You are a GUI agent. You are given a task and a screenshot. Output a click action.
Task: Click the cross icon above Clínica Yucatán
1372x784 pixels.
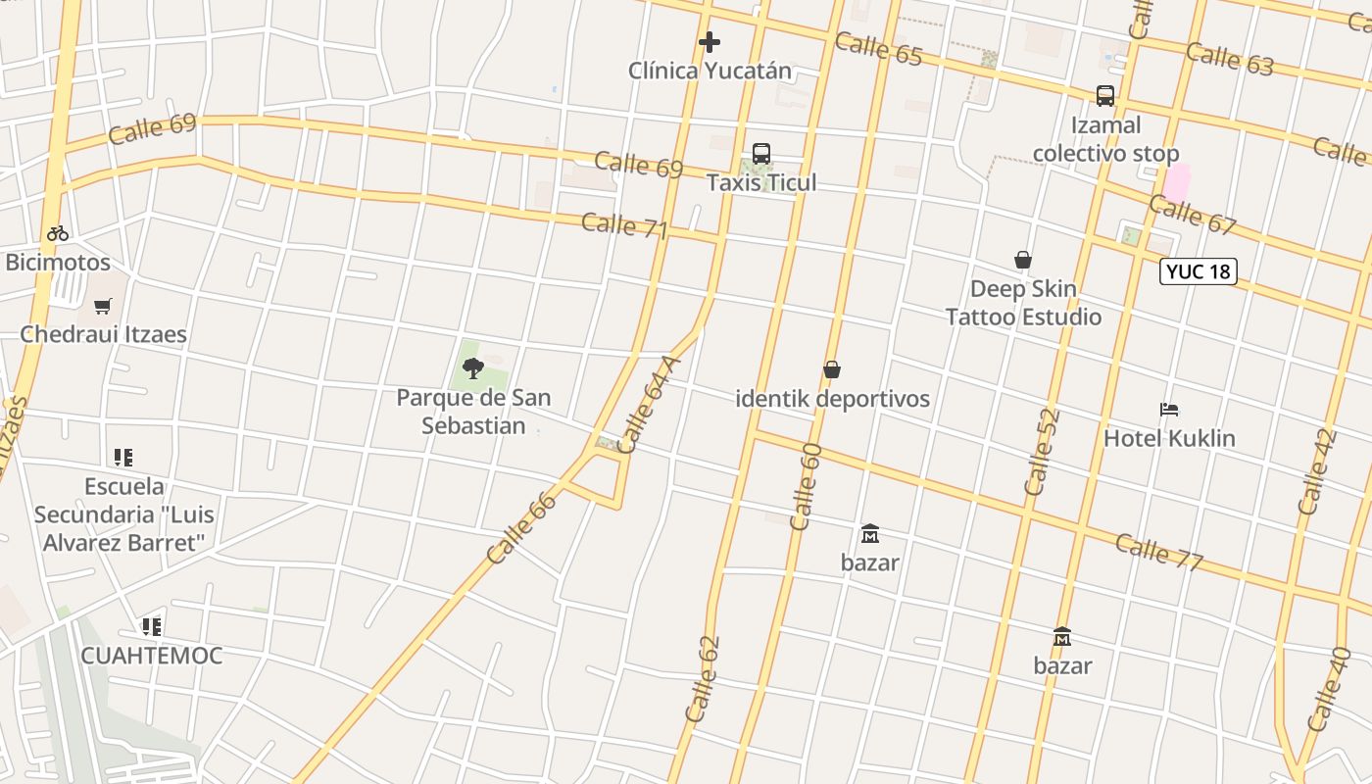coord(710,42)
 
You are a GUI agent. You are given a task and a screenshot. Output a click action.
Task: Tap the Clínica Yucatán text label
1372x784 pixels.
coord(710,71)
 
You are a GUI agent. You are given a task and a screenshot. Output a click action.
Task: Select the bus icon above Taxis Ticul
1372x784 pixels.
coord(761,154)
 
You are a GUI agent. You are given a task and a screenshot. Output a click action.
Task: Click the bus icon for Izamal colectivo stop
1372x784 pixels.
coord(1105,96)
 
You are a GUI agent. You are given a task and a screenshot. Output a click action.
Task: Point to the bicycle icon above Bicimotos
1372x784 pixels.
coord(58,233)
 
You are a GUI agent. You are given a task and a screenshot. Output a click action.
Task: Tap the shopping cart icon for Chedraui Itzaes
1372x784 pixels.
coord(103,306)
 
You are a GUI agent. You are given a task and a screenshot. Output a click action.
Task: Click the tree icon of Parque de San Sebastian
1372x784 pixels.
coord(473,368)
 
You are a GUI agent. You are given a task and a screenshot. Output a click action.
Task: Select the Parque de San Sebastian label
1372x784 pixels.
coord(473,412)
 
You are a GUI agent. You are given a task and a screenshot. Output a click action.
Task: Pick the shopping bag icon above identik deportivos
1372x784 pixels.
coord(832,369)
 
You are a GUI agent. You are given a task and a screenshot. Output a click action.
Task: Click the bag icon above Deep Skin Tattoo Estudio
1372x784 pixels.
coord(1023,260)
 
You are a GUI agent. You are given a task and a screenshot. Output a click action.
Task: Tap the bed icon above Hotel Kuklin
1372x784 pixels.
coord(1168,410)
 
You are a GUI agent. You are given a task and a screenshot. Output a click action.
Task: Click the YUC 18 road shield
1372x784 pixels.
coord(1198,271)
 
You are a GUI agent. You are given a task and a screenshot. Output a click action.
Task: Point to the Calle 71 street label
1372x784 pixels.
coord(624,225)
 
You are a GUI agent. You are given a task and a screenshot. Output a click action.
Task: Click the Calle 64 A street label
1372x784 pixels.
coord(648,404)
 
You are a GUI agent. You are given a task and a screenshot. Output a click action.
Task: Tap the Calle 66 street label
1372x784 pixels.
coord(521,527)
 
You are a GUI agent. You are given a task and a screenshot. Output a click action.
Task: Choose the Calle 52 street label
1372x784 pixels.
coord(1042,451)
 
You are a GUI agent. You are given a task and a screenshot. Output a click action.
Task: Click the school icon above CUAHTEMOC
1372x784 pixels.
coord(151,626)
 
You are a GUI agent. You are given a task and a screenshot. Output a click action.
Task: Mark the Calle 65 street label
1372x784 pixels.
coord(879,48)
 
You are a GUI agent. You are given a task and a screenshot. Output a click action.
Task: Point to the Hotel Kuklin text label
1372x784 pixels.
coord(1169,438)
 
